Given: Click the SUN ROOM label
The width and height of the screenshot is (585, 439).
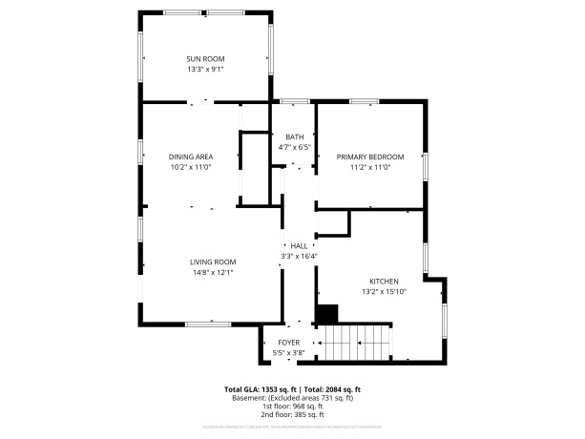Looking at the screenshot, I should tap(204, 59).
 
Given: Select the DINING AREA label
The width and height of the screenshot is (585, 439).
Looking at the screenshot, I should tap(191, 157).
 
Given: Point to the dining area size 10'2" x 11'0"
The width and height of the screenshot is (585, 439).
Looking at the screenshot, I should tap(191, 166).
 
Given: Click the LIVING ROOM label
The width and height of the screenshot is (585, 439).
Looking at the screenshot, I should tap(212, 261).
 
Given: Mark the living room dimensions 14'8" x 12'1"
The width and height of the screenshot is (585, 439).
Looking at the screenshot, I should tap(212, 272).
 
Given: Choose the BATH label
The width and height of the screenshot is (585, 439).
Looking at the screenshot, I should tap(294, 137).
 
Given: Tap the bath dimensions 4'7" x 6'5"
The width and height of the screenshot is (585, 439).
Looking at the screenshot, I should tap(294, 147).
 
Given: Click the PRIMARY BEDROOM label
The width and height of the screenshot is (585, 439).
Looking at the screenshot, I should tap(370, 157).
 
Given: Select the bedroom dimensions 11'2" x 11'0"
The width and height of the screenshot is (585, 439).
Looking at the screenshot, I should tap(370, 166).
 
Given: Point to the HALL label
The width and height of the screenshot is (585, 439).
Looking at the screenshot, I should tap(299, 245).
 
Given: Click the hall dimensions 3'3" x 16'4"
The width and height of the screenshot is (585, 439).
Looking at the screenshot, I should tap(299, 256).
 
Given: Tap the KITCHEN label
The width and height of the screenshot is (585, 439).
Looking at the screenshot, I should tap(384, 281).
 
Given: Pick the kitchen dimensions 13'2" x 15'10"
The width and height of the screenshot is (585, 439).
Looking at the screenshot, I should tap(384, 291).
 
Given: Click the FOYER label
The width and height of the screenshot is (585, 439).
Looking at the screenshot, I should tap(288, 342).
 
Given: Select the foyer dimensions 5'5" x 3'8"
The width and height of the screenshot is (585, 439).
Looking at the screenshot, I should tap(288, 352).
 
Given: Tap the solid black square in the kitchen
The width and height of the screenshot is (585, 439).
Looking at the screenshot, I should tap(327, 313).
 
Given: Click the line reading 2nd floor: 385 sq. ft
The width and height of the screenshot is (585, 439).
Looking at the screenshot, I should tap(292, 415).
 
